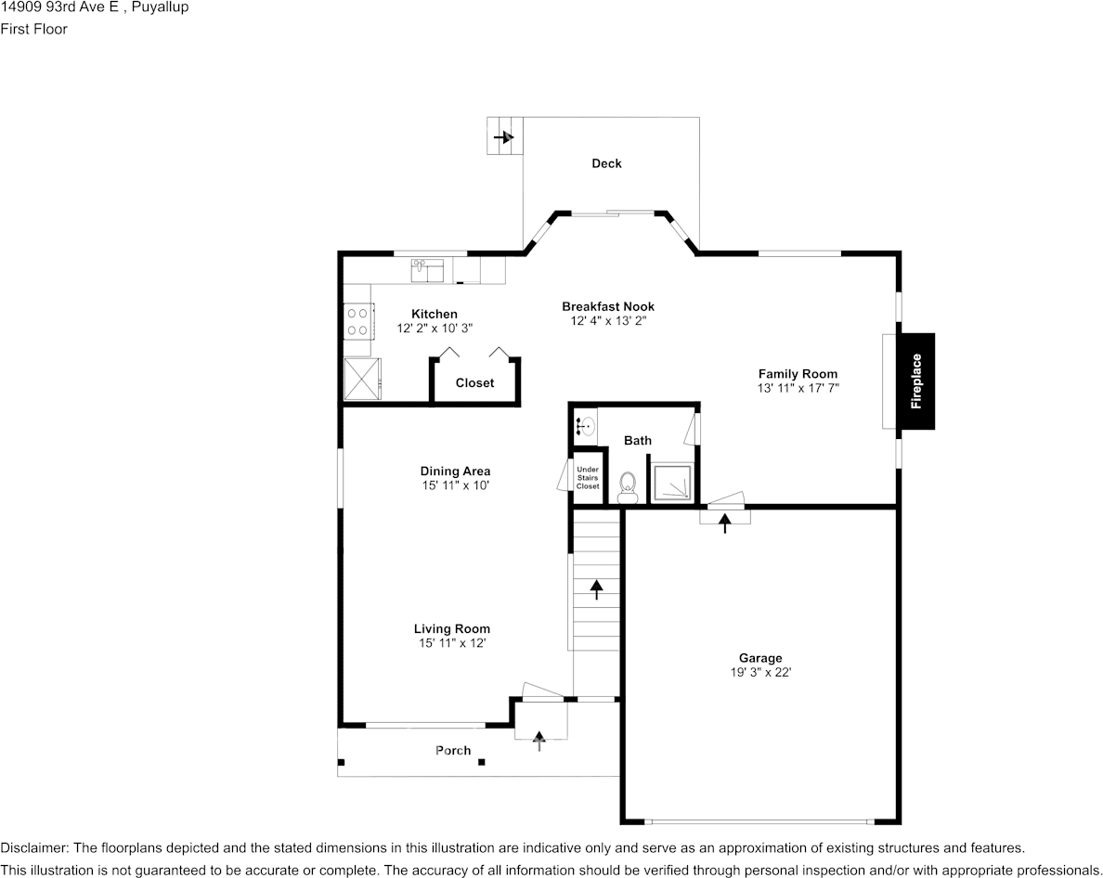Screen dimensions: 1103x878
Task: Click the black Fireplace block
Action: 915,381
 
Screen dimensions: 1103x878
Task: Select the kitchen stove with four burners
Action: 358,321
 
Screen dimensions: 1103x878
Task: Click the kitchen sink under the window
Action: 427,270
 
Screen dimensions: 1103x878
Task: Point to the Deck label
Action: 606,163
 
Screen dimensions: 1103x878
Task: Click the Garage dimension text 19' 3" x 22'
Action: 760,672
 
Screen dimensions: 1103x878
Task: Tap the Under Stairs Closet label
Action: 588,478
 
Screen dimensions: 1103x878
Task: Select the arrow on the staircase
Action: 596,589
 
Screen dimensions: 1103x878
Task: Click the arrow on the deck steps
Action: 503,137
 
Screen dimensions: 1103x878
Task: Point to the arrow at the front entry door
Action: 539,741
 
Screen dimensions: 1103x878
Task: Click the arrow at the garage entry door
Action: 724,523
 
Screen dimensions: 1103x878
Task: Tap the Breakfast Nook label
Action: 608,306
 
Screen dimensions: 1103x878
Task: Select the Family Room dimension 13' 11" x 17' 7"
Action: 798,388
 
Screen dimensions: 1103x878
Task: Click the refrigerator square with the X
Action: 361,380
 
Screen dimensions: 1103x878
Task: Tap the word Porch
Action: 453,751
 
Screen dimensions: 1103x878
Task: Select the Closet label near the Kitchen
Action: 474,383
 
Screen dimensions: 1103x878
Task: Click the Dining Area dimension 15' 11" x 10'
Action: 455,485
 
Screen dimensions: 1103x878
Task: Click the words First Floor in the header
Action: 33,29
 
